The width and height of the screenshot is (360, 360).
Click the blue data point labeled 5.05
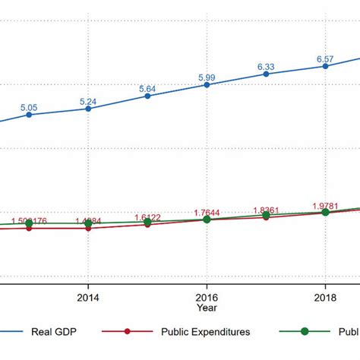[29, 115]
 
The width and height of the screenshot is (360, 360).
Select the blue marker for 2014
[88, 109]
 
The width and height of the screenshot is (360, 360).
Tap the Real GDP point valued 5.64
[147, 96]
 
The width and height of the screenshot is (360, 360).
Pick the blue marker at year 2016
[207, 84]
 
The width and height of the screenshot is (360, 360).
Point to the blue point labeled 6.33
[266, 74]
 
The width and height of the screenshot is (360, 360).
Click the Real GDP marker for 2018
[325, 66]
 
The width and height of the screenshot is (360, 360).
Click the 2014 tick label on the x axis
[88, 297]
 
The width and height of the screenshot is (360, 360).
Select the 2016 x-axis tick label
[207, 297]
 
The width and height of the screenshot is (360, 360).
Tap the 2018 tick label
[325, 297]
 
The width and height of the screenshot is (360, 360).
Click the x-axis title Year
[207, 308]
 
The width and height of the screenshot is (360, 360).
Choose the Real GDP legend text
[52, 331]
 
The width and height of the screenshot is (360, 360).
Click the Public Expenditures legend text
[205, 331]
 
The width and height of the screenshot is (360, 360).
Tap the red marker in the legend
[128, 331]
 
